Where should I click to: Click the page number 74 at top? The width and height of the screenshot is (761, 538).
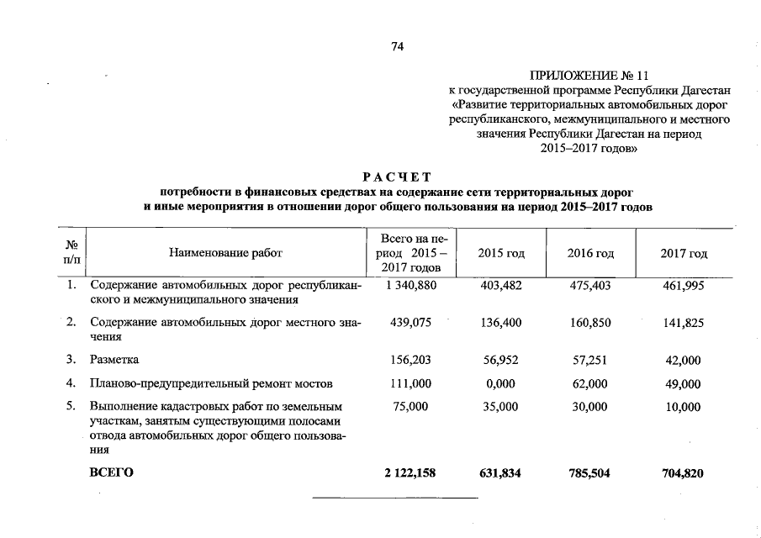point(398,47)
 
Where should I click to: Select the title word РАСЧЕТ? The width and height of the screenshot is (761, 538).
point(398,177)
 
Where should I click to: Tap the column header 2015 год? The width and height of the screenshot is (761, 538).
point(501,253)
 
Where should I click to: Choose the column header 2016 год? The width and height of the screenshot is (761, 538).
point(590,253)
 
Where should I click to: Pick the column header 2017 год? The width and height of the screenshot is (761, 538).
point(683,253)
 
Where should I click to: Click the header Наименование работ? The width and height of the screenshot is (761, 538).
point(225,253)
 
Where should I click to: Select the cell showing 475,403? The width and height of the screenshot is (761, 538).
point(589,286)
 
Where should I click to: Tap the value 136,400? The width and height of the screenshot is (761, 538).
point(502,323)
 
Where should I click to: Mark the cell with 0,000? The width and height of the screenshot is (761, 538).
point(502,384)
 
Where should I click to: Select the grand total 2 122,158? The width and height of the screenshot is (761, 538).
point(410,474)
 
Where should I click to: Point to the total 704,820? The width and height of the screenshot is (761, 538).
point(682,474)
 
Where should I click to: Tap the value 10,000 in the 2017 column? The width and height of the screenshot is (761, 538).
point(682,408)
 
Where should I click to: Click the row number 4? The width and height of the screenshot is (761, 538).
point(72,384)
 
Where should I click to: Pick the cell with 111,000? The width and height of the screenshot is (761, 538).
point(411,384)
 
